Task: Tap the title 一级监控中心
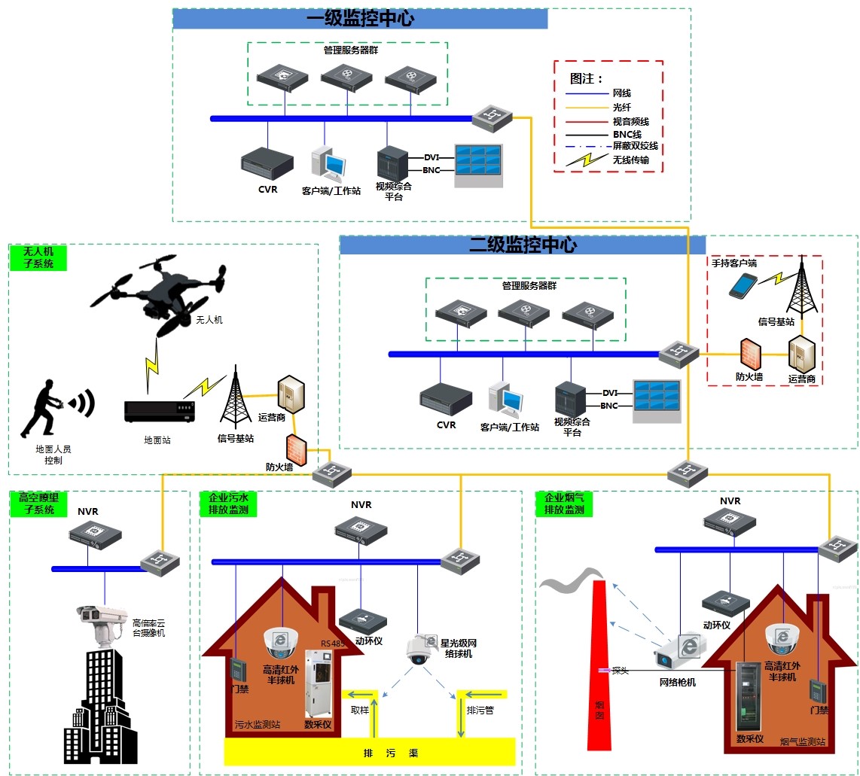pyautogui.click(x=360, y=19)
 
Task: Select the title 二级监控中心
pyautogui.click(x=523, y=245)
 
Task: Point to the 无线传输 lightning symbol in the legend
pyautogui.click(x=585, y=160)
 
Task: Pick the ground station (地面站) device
pyautogui.click(x=160, y=409)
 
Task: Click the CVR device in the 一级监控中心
pyautogui.click(x=267, y=163)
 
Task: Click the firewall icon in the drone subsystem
pyautogui.click(x=296, y=449)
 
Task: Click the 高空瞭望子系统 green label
pyautogui.click(x=38, y=504)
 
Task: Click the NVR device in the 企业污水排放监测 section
pyautogui.click(x=361, y=531)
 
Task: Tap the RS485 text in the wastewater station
pyautogui.click(x=331, y=644)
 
